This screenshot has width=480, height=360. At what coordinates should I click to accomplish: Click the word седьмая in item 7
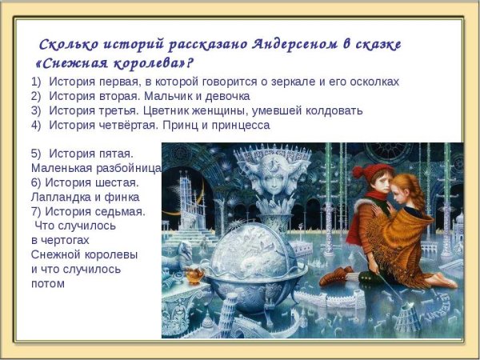tap(122, 211)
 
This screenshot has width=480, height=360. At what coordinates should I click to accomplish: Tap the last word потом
tap(47, 283)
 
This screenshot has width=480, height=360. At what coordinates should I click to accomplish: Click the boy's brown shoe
tap(336, 276)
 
